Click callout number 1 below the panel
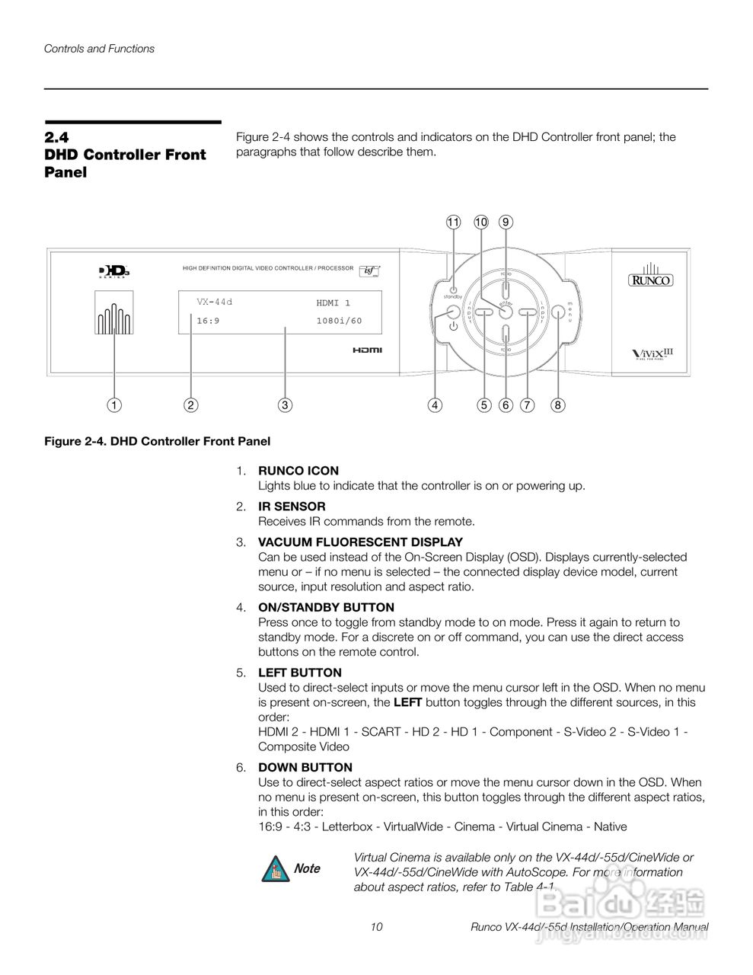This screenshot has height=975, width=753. [114, 405]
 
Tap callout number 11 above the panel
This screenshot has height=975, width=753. [454, 222]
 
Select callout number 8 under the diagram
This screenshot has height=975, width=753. [558, 405]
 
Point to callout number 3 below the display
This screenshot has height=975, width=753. [284, 405]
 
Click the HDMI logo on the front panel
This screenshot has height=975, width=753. [367, 350]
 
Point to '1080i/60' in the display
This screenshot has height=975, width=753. [339, 321]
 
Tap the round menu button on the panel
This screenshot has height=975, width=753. [558, 312]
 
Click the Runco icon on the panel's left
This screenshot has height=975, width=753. [114, 312]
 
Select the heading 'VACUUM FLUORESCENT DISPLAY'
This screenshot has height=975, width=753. [360, 542]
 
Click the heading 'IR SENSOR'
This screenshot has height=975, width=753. [292, 507]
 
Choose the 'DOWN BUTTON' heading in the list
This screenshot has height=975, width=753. [305, 767]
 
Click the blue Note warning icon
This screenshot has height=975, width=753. [274, 869]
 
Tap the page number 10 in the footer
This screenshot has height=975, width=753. [376, 927]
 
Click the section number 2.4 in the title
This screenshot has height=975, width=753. [56, 137]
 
